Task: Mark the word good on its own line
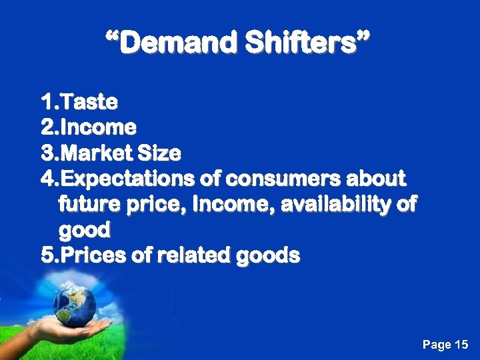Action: coord(84,231)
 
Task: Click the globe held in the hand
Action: coord(73,305)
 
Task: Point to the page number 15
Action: coord(461,345)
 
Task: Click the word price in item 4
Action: coord(156,205)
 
